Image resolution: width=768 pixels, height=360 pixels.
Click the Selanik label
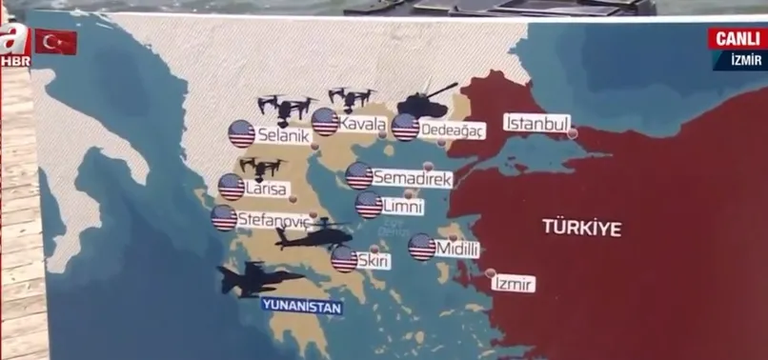pos(283,137)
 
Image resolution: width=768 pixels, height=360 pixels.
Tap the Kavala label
pos(363,125)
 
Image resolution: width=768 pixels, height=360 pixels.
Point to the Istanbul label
pos(536,124)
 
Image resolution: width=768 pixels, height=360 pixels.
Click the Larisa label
pos(266,189)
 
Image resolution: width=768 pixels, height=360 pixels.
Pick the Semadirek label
pos(412,178)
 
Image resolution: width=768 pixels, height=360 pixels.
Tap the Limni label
pos(402,206)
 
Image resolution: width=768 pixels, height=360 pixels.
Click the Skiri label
pos(374,260)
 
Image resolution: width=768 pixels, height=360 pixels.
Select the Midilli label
pos(456,250)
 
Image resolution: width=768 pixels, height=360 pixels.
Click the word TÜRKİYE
pos(581,228)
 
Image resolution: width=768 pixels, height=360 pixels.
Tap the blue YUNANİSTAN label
pos(301,307)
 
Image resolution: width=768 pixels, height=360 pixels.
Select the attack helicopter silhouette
pos(312,237)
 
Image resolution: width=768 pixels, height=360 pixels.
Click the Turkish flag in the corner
pos(55,42)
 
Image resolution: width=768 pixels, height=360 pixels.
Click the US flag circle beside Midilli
pos(422,248)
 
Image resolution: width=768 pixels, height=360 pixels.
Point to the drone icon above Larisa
pos(262,168)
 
